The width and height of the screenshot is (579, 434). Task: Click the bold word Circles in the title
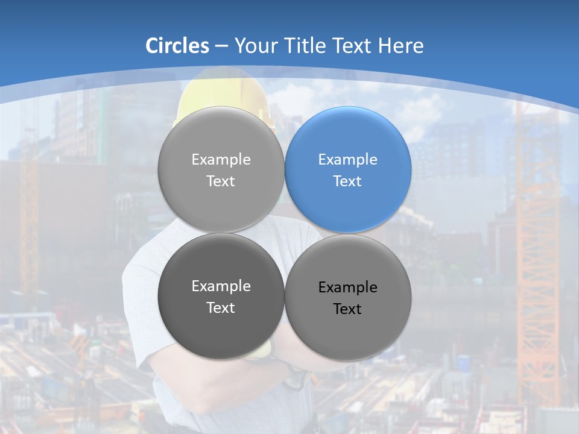tap(177, 46)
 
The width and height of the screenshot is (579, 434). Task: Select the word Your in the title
tap(254, 46)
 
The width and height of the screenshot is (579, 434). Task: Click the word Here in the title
tap(401, 46)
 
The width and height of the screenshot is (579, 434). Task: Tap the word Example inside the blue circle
tap(348, 159)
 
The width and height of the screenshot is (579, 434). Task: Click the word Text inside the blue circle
tap(347, 181)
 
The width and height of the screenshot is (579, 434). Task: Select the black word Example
tap(348, 288)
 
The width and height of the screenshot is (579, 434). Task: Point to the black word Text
tap(347, 309)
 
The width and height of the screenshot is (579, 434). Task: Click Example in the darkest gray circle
tap(221, 286)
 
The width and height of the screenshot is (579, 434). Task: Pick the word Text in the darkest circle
tap(221, 307)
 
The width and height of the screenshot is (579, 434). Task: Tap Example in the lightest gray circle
tap(221, 159)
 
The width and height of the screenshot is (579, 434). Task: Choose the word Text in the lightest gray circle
tap(221, 181)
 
